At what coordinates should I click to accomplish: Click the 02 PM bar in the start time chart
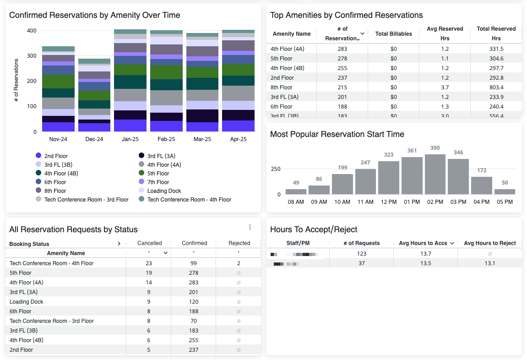tap(435, 175)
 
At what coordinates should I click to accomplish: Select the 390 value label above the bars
tap(435, 148)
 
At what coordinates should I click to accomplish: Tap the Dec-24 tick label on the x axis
tap(94, 139)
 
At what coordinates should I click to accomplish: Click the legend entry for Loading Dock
tap(164, 191)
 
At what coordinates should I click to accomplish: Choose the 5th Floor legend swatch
tap(141, 174)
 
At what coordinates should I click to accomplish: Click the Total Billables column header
tap(393, 34)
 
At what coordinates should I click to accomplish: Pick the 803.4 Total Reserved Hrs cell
tap(496, 87)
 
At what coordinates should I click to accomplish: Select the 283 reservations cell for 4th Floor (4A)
tap(342, 49)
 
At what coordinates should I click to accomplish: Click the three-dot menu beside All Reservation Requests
tap(250, 227)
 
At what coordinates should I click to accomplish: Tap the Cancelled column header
tap(150, 243)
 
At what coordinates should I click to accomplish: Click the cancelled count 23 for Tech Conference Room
tap(148, 263)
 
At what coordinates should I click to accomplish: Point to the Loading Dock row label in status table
tap(27, 302)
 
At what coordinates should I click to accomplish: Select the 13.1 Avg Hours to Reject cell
tap(489, 263)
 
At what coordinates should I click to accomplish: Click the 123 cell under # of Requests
tap(361, 254)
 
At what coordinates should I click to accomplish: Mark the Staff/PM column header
tap(298, 243)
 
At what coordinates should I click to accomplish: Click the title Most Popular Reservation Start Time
tap(337, 134)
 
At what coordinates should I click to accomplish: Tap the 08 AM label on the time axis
tap(296, 202)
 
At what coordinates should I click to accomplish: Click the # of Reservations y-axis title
tap(16, 80)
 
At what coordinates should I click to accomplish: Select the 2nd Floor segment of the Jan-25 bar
tap(130, 125)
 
